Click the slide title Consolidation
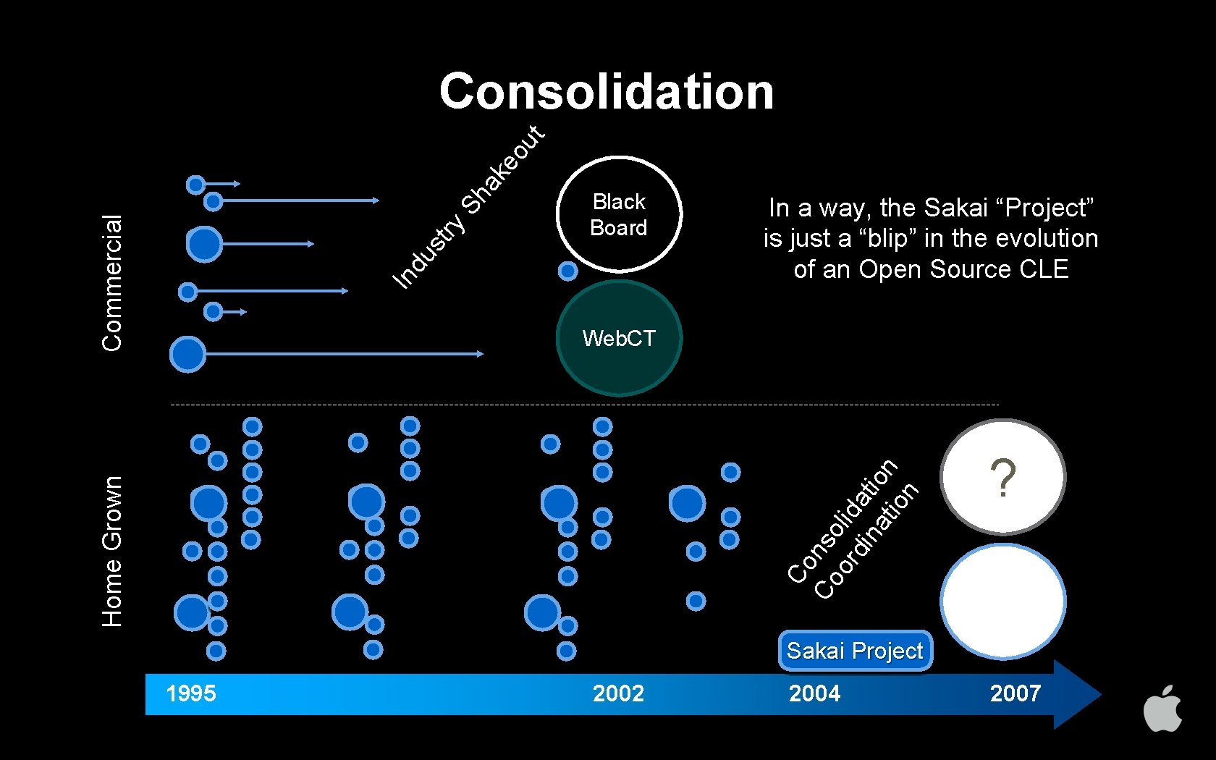[x=607, y=92]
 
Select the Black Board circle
[x=619, y=214]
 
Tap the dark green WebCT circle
[x=619, y=338]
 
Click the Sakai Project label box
[x=855, y=651]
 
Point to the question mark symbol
[x=1003, y=478]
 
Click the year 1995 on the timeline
[x=191, y=693]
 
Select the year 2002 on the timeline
[x=618, y=693]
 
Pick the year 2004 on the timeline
[x=815, y=693]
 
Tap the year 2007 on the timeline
[x=1015, y=693]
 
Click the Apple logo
[x=1162, y=709]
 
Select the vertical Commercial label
[x=112, y=283]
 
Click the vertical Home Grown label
[x=112, y=551]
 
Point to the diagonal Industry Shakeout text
[x=468, y=207]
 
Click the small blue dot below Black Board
[x=568, y=271]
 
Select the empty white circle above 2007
[x=1003, y=601]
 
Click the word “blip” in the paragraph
[x=892, y=238]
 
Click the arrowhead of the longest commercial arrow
[x=480, y=354]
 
